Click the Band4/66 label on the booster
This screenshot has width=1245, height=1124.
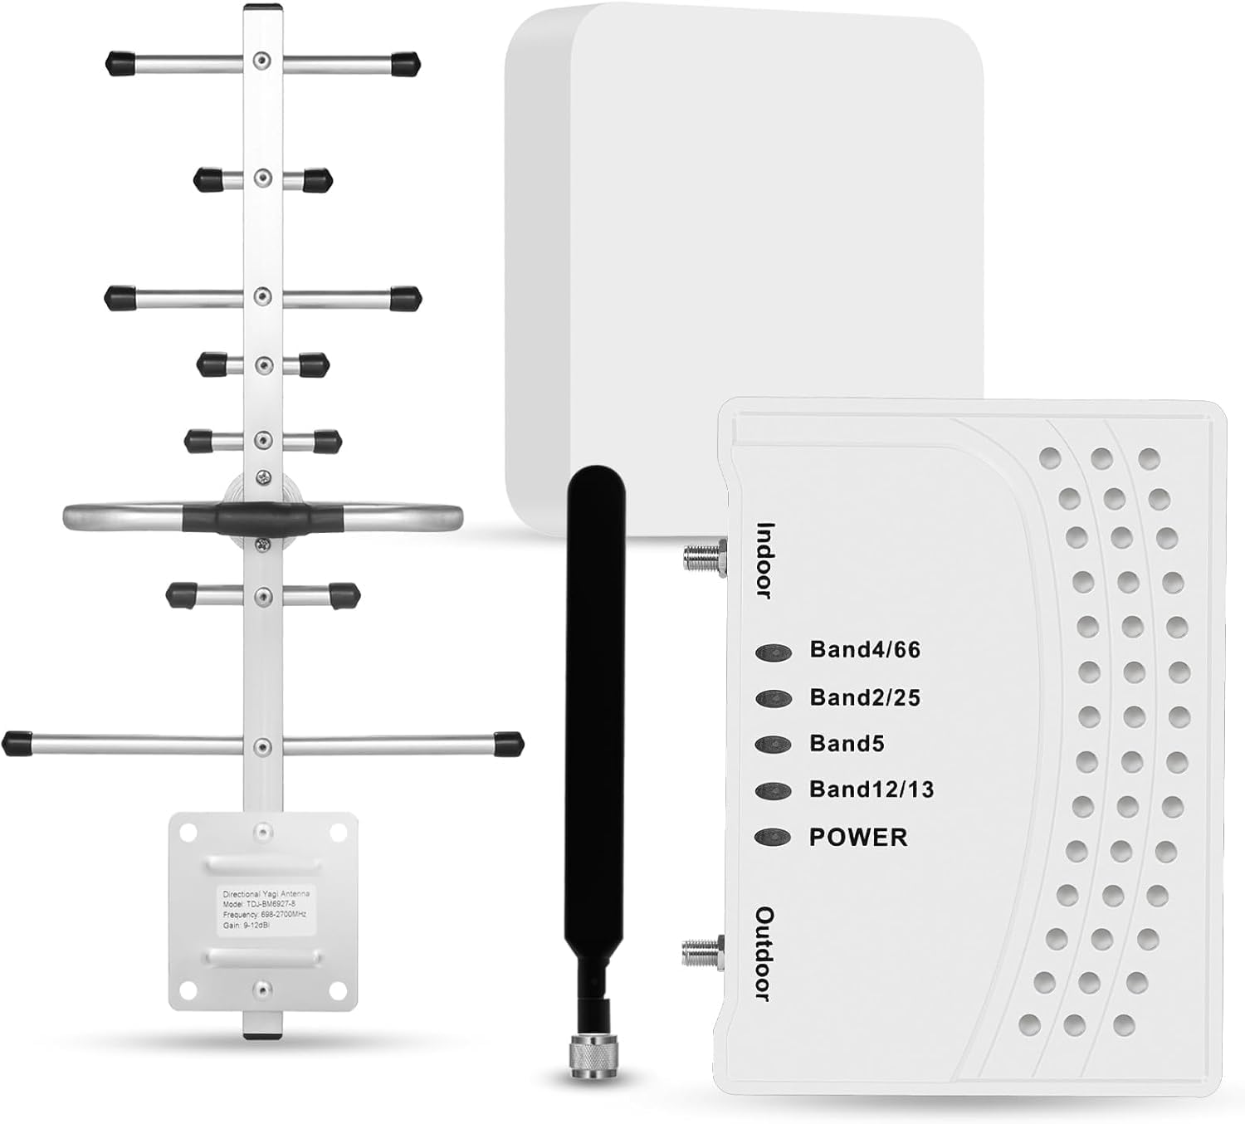tap(865, 650)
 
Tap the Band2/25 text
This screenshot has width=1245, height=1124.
tap(865, 697)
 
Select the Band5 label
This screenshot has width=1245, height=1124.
tap(847, 744)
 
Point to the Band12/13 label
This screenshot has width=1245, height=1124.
tap(871, 789)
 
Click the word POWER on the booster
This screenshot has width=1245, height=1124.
tap(858, 837)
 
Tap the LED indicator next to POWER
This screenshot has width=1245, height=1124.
tap(773, 837)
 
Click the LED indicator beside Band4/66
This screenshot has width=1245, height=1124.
tap(773, 652)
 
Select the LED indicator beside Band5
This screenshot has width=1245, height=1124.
tap(773, 745)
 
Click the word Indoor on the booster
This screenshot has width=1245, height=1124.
tap(764, 560)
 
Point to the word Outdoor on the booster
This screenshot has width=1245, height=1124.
tap(764, 953)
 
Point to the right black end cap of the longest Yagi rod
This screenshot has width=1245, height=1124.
tap(508, 744)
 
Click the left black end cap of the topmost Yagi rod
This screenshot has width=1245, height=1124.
tap(121, 62)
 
